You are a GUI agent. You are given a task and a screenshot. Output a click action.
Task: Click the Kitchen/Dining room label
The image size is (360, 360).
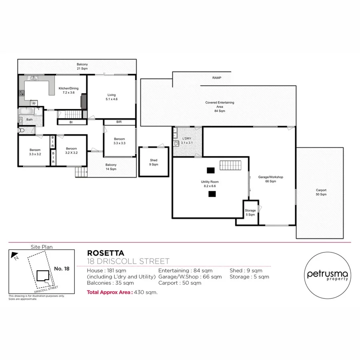68,90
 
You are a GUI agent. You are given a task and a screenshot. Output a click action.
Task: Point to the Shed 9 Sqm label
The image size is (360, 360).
154,162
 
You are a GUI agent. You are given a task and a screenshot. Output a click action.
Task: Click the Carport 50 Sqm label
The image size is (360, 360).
321,192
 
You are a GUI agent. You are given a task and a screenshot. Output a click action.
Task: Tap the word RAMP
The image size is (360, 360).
217,78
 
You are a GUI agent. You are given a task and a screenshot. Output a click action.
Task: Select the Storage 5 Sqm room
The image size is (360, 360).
250,212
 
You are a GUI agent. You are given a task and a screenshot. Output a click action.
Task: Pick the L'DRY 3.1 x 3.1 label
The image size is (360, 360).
187,140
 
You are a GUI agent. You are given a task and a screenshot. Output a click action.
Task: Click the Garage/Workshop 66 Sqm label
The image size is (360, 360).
271,179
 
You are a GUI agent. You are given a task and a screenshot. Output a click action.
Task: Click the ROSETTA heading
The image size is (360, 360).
106,253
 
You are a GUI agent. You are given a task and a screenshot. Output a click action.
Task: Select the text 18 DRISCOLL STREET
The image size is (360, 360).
128,261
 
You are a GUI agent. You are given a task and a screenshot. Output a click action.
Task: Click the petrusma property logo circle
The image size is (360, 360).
327,276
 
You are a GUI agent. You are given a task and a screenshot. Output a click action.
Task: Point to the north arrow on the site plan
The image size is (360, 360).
15,254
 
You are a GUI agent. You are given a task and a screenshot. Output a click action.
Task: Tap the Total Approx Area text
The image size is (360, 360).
122,292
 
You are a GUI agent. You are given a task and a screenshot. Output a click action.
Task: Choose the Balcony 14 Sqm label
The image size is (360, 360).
111,167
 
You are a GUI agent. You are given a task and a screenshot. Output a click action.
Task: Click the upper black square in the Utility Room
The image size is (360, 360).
211,170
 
